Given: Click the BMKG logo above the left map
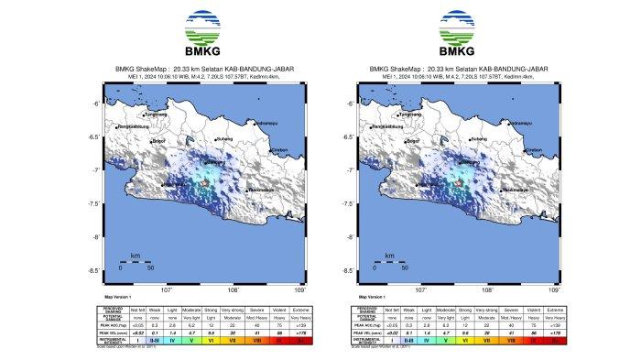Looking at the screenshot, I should coord(202,29).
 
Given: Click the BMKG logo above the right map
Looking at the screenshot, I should coord(454,29).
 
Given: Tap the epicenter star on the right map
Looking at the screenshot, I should coord(457,185).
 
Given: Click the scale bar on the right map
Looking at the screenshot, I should coord(388,262).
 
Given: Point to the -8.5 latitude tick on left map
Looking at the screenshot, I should coord(94,271).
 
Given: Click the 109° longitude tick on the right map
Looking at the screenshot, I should coord(553,289).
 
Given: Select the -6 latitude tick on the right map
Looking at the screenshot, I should coord(348,104).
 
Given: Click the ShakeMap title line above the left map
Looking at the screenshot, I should coord(202,69).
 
